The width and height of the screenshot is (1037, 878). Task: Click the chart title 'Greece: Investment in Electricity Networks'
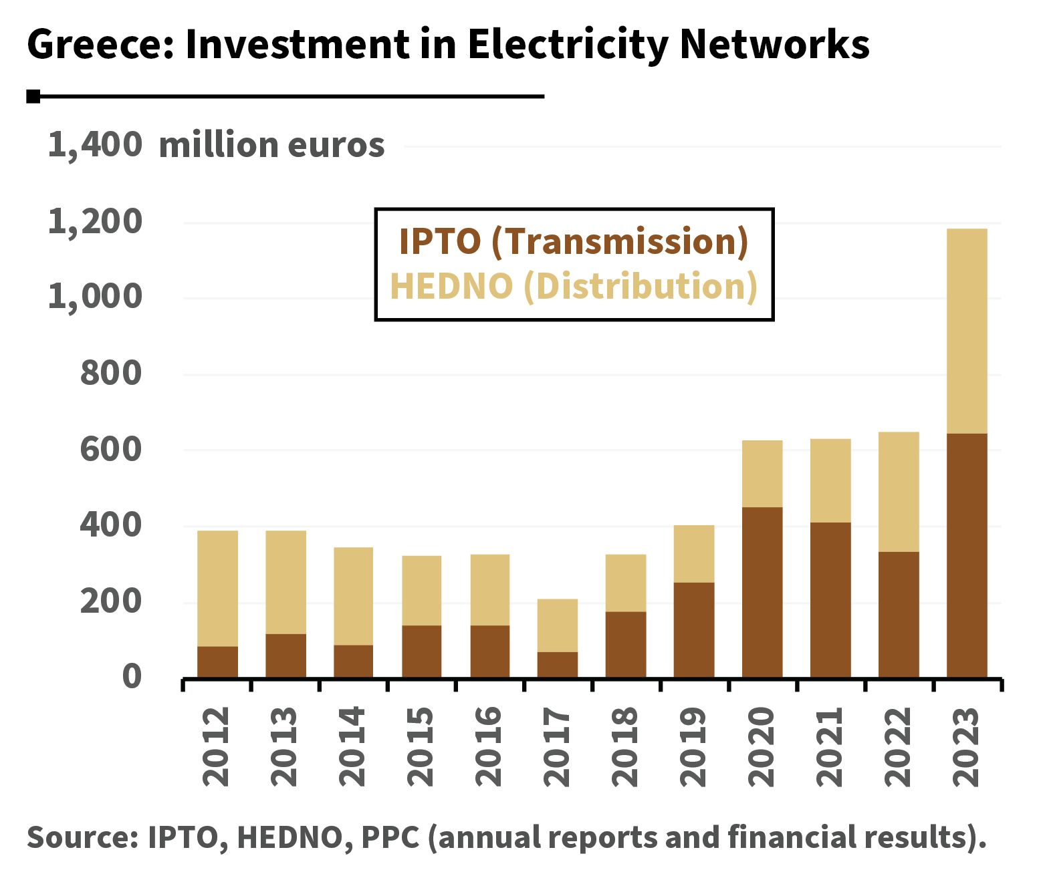(x=448, y=45)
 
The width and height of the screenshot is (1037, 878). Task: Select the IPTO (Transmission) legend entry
(x=573, y=242)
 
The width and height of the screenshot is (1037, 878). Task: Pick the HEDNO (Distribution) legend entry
(x=573, y=287)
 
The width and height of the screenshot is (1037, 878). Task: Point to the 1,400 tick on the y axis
(x=94, y=145)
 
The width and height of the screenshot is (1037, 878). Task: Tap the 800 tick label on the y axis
(x=111, y=373)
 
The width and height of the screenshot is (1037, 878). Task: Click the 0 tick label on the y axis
(x=132, y=676)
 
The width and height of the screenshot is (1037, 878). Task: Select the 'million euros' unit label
(x=271, y=145)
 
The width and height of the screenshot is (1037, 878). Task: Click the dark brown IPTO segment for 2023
(x=966, y=555)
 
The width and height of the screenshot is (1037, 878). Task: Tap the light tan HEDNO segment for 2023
(x=966, y=331)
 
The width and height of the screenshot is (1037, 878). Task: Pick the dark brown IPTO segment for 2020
(x=762, y=592)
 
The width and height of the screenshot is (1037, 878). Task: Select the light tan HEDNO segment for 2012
(x=217, y=588)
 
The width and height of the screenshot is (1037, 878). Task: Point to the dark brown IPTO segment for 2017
(x=558, y=664)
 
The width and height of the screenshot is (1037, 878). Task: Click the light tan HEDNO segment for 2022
(x=898, y=492)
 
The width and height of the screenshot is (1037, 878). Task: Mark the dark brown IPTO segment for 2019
(x=693, y=629)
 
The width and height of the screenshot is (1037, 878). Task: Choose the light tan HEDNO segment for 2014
(x=353, y=596)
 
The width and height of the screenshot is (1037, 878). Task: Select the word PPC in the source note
(x=390, y=838)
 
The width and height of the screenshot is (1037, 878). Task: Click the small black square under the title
(x=33, y=97)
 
